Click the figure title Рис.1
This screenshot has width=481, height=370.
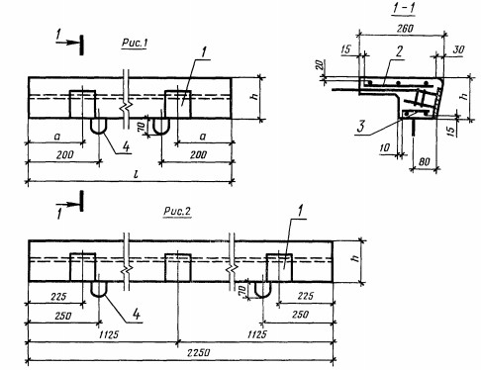(x=135, y=43)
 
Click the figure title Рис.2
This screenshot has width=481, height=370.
(x=177, y=211)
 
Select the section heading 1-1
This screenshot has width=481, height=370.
(x=404, y=8)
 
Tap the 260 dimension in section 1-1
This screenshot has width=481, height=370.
(x=405, y=29)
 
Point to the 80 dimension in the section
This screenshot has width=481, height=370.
(x=424, y=161)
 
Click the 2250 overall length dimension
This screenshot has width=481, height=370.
(x=198, y=352)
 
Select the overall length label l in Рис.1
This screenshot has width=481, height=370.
(x=136, y=173)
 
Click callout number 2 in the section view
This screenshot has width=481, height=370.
(x=399, y=51)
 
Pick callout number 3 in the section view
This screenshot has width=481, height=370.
(x=361, y=127)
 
